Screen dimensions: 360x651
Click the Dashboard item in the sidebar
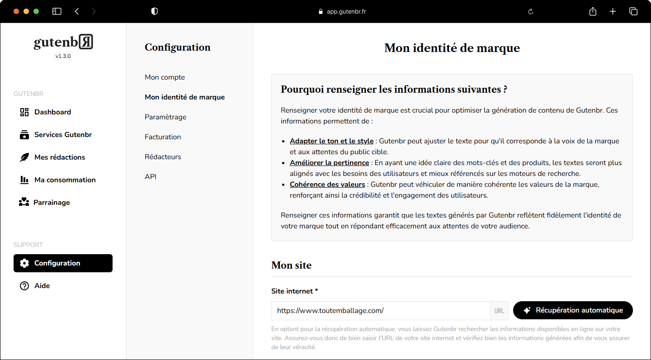[x=52, y=112]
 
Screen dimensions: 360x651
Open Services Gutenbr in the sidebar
[x=63, y=135]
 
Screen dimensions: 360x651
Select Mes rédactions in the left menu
[x=59, y=157]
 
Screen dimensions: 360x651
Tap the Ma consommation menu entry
[x=65, y=180]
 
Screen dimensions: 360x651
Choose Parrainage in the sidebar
[x=52, y=203]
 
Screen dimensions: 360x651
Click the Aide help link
[x=42, y=286]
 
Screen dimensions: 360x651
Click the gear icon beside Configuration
[x=24, y=263]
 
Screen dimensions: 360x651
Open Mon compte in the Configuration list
[x=165, y=77]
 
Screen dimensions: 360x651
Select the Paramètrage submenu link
[x=165, y=117]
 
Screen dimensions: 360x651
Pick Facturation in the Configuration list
[x=163, y=137]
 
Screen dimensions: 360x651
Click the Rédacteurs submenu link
[x=163, y=157]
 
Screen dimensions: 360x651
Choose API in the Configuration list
[x=151, y=177]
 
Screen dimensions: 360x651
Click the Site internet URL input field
[x=380, y=311]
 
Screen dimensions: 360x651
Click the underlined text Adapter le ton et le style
[x=331, y=141]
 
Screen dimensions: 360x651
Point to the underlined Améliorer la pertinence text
[x=329, y=163]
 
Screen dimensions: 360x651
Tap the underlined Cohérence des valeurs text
[x=327, y=185]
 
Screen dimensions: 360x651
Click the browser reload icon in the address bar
[x=531, y=12]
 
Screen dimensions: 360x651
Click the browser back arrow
[x=77, y=12]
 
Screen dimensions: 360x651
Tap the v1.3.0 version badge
[x=63, y=57]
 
